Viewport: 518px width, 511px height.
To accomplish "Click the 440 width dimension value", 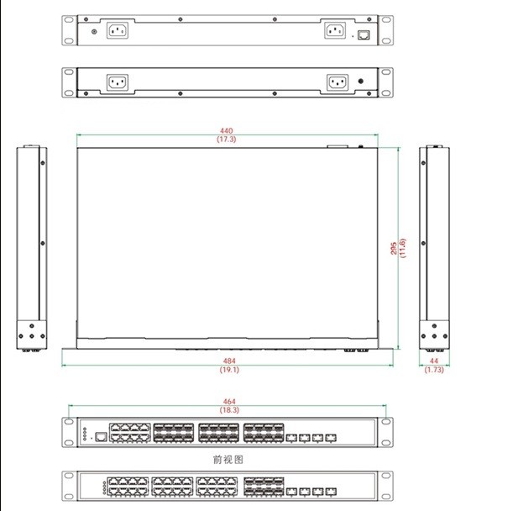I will [227, 131].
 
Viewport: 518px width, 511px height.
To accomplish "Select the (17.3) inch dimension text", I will [227, 140].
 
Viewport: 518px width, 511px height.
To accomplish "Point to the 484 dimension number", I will [229, 360].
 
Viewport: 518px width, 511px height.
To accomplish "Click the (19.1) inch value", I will [229, 369].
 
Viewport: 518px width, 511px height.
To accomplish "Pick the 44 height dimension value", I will [434, 360].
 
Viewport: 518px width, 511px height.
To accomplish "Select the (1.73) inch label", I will [434, 369].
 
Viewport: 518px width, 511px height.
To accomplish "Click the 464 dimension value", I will [229, 402].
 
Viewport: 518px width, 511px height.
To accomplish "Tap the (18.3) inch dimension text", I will [229, 410].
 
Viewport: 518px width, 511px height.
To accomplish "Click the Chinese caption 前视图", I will [228, 460].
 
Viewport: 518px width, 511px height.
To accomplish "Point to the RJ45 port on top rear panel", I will [364, 35].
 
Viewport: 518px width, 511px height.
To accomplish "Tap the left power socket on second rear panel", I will [117, 82].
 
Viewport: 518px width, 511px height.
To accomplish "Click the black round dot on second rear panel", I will [361, 82].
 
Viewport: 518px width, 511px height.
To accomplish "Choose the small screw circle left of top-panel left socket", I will [93, 33].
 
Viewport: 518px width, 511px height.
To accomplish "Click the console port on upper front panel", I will [100, 436].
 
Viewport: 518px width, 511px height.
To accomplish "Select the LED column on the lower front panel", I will [103, 488].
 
